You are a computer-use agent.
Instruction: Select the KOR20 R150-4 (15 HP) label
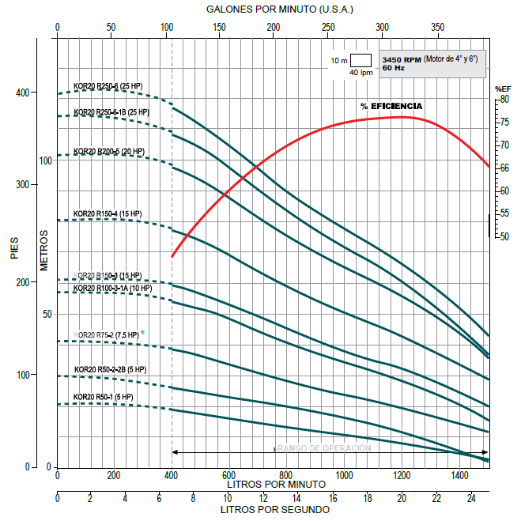point(107,213)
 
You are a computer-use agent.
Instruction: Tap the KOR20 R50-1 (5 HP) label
point(103,396)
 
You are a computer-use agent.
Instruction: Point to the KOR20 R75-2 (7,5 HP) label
point(106,335)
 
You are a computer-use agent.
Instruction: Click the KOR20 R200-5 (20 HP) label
point(109,151)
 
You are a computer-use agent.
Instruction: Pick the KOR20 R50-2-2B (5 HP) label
point(110,369)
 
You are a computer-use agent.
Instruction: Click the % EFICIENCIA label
point(391,106)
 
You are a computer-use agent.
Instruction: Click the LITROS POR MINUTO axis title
point(275,483)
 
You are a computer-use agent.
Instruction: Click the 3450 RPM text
point(401,60)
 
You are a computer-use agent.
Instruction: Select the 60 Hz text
point(393,69)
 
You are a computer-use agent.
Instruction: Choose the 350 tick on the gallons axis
point(437,27)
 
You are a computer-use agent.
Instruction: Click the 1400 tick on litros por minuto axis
point(459,475)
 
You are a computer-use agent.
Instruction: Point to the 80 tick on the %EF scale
point(504,99)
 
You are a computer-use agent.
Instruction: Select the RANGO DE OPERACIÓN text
point(325,448)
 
